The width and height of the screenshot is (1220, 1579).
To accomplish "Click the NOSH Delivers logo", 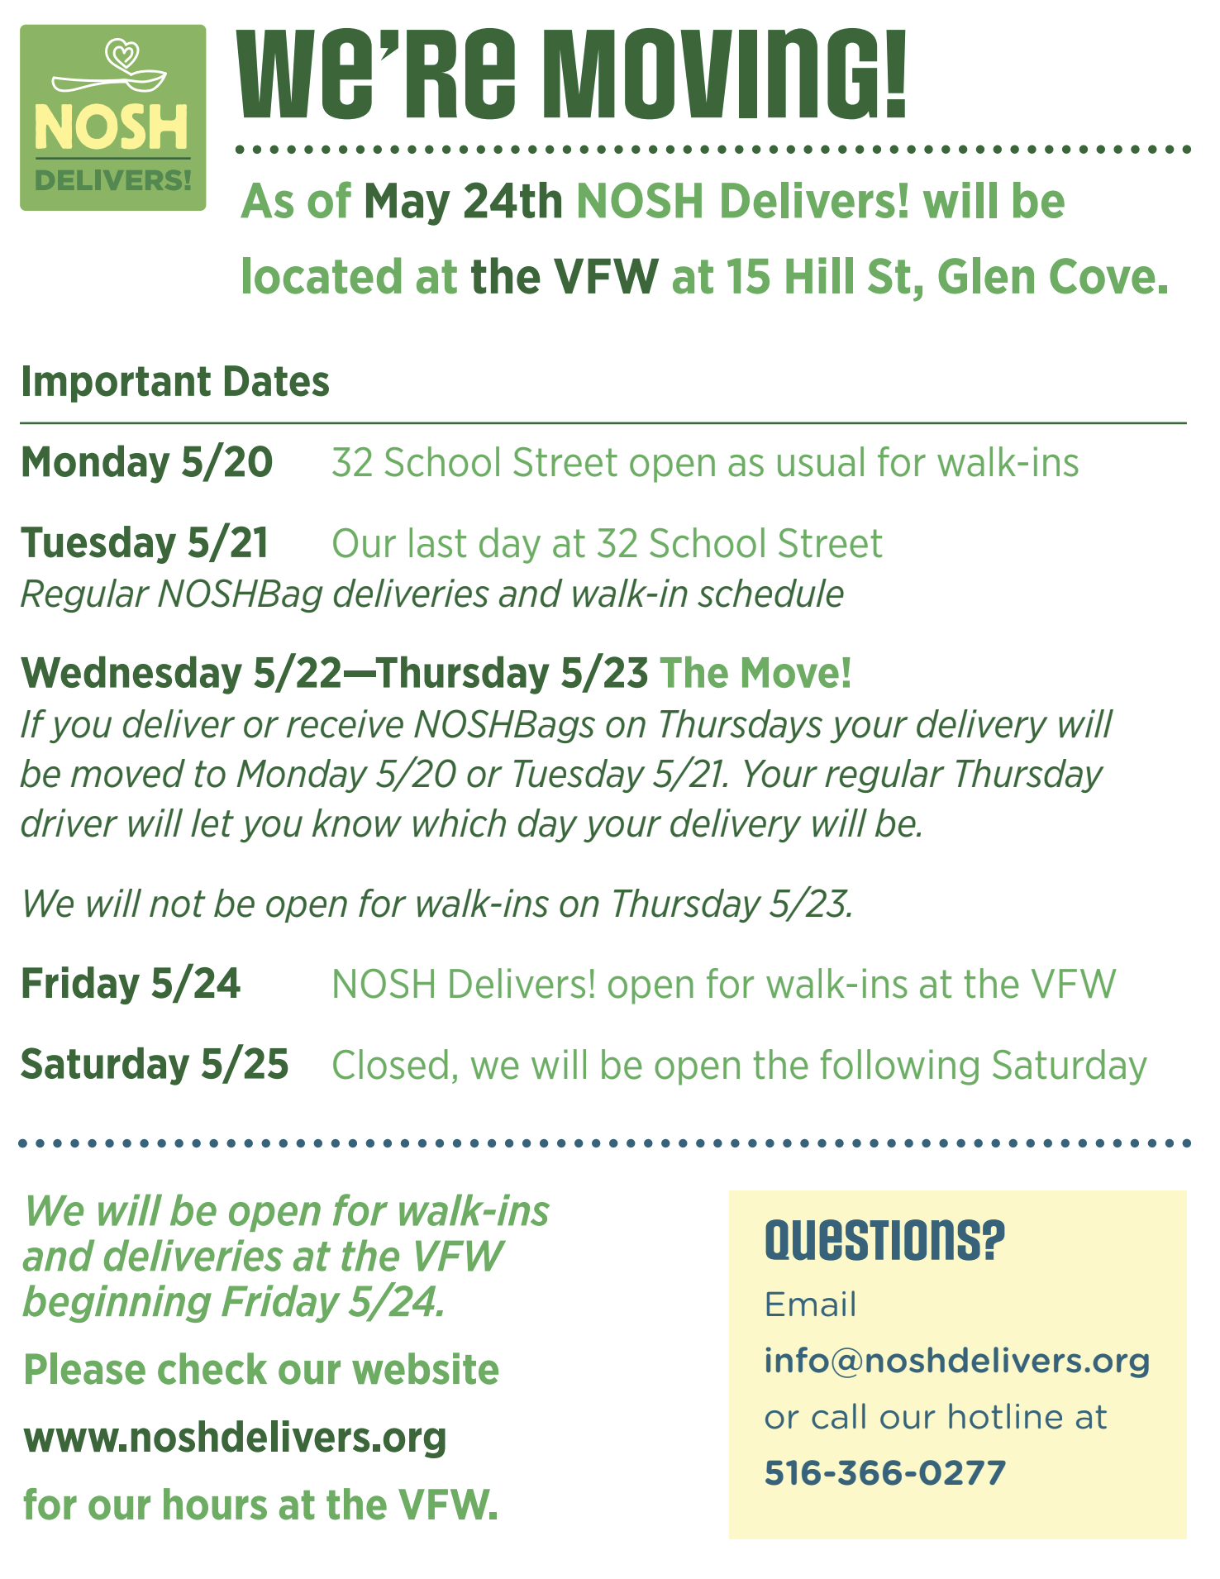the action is pos(113,117).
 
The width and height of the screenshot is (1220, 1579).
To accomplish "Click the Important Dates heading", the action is pos(175,381).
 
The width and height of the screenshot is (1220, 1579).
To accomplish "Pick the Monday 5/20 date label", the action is pos(146,461).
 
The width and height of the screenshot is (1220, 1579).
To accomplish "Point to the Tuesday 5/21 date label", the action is pos(145,542).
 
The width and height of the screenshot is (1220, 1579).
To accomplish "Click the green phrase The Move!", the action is pos(755,672).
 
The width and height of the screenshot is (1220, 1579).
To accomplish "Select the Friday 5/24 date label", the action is pos(131,983).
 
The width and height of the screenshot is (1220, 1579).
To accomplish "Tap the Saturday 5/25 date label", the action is pos(155,1063).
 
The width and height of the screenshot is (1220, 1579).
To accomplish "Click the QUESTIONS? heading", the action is pos(884,1239).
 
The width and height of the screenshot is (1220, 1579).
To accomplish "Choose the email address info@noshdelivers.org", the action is pos(957,1361).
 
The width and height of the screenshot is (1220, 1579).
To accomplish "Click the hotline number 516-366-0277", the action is pos(885,1472).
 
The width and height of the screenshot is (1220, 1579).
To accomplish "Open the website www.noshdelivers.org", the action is pos(236,1438).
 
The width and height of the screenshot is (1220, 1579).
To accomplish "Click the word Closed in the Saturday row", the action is pos(393,1065).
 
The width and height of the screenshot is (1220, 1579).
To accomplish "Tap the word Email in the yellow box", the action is pos(810,1305).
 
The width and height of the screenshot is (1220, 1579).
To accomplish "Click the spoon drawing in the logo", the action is pos(109,80).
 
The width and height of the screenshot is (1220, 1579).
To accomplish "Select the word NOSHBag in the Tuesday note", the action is pos(240,594).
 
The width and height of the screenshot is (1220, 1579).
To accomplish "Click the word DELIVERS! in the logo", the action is pos(113,179).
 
